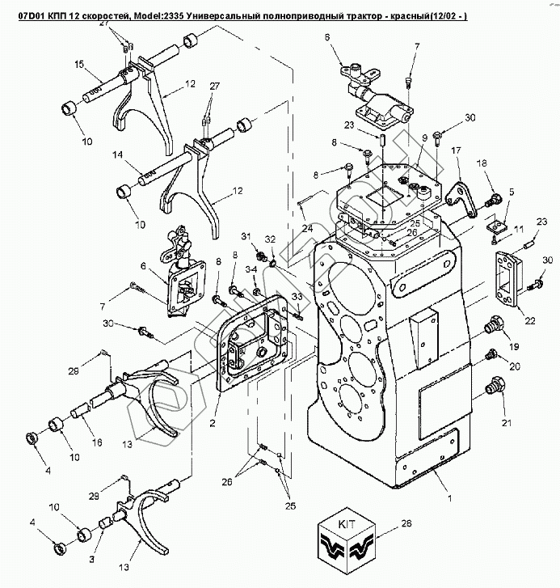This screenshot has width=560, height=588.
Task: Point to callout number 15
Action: (79, 64)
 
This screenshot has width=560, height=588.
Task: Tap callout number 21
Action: (506, 421)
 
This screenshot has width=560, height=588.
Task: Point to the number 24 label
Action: (306, 229)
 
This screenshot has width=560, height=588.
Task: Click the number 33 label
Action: (297, 298)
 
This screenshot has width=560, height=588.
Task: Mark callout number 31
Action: (245, 235)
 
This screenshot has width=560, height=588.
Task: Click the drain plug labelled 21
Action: (488, 391)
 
